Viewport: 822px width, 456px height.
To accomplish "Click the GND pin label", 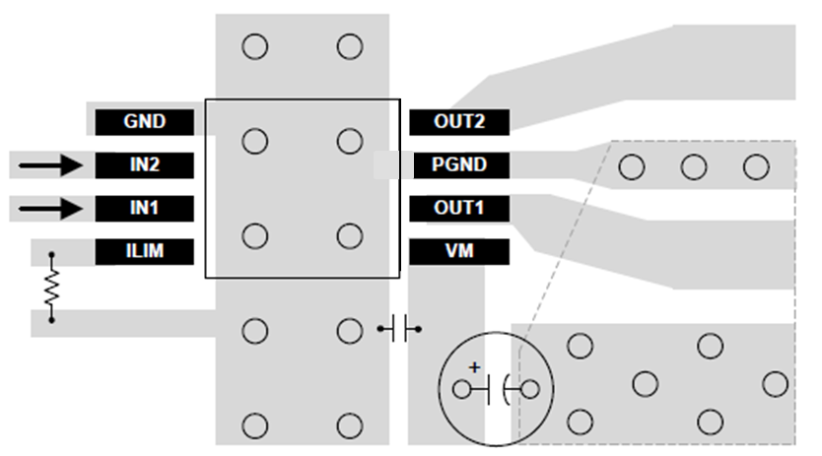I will (145, 122).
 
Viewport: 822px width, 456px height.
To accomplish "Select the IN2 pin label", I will (145, 164).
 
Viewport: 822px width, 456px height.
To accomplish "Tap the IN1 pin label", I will (145, 208).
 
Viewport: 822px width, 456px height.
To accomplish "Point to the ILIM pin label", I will (145, 251).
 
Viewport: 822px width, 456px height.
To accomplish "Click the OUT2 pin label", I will (459, 122).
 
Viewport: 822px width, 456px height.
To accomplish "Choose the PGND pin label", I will (459, 164).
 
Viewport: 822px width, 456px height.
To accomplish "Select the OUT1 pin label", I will (459, 208).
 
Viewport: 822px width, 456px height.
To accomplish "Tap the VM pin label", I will (459, 251).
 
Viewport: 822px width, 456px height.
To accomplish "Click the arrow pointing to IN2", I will (50, 164).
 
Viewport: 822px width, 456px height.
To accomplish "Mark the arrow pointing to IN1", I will (50, 208).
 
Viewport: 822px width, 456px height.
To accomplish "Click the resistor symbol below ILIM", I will (51, 287).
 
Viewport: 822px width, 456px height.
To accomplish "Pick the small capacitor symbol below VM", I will (399, 329).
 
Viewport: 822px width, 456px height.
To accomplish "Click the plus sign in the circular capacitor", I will (474, 367).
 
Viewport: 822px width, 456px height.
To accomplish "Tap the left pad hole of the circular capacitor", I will (461, 389).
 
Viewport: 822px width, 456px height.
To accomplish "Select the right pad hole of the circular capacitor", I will (530, 389).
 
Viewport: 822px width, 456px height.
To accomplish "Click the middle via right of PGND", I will (693, 167).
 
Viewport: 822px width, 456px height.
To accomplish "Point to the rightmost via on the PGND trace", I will (756, 167).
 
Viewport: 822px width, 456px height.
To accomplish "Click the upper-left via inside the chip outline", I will (254, 142).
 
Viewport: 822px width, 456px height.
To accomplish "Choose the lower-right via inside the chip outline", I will (350, 236).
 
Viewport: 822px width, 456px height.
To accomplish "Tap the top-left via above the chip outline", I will (254, 46).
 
